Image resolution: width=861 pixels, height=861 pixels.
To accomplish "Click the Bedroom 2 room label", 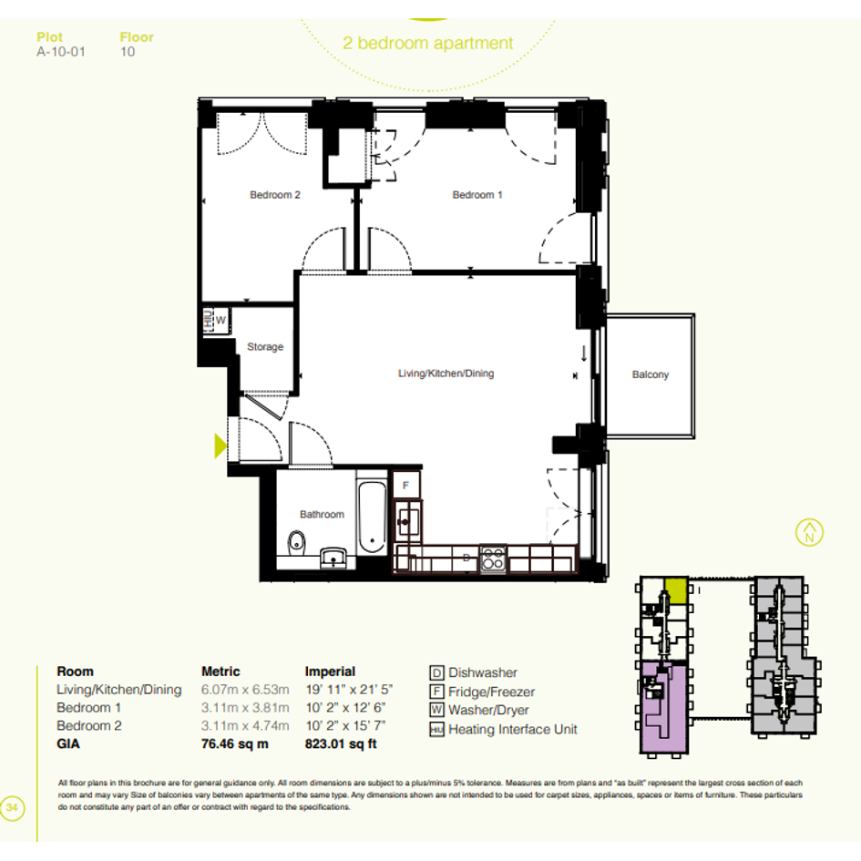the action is point(274,195).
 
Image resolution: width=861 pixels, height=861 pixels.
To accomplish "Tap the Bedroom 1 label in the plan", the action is point(477,195).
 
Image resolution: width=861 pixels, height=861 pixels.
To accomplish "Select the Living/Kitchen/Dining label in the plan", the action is point(446,374).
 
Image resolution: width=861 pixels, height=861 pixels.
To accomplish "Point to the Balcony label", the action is point(651,374).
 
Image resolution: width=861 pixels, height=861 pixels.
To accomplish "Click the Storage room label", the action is point(265,347).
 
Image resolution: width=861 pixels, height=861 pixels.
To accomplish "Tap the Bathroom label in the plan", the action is point(322,515).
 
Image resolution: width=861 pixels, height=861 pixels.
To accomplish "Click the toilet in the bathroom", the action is point(296,542).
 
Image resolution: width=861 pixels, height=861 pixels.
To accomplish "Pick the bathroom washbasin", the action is point(333,557).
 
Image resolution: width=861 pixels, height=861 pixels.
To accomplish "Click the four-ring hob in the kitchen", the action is point(493,559).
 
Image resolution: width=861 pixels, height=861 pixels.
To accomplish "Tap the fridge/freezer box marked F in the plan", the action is point(406,486).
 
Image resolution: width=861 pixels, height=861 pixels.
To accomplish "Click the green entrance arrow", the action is point(220,446).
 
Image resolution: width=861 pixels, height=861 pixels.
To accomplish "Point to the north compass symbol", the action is point(809,532).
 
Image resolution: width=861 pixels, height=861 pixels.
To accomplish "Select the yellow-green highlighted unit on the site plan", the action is point(676,590).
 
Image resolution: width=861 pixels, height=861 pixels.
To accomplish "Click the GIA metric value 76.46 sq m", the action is point(234,744).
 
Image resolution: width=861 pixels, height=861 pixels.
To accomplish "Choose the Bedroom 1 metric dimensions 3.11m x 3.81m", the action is point(245,708).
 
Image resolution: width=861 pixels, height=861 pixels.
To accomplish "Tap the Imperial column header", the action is point(330,671).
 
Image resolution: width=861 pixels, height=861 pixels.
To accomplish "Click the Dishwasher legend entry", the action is point(474,672).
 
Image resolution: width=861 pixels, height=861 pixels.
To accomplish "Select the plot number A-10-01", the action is point(61,52).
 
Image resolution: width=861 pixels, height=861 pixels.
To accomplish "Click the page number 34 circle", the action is point(12,808).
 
